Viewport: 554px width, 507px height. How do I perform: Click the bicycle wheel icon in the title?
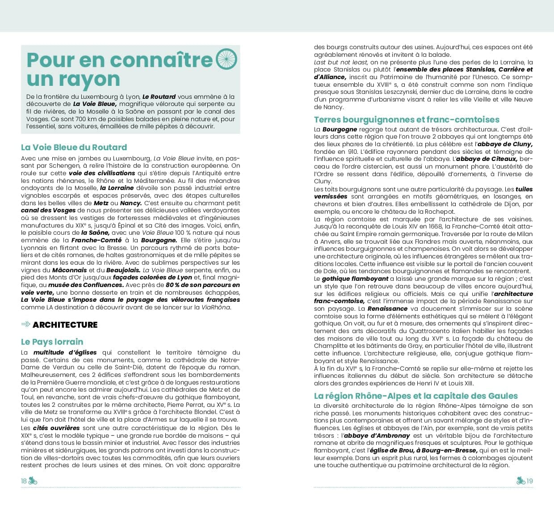pyautogui.click(x=227, y=59)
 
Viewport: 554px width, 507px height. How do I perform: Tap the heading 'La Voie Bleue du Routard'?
pyautogui.click(x=74, y=147)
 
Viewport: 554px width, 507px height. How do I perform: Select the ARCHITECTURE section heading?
pyautogui.click(x=65, y=325)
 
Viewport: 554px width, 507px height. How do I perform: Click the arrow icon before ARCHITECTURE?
pyautogui.click(x=26, y=324)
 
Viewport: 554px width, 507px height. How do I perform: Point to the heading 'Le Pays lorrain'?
pyautogui.click(x=52, y=342)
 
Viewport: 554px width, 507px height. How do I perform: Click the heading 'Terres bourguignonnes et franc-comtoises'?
pyautogui.click(x=407, y=119)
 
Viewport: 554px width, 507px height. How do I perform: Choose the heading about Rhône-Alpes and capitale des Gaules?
pyautogui.click(x=415, y=396)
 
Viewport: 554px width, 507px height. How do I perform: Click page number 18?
pyautogui.click(x=24, y=481)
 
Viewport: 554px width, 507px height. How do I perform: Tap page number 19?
pyautogui.click(x=530, y=481)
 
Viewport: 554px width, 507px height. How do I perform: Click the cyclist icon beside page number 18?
pyautogui.click(x=33, y=481)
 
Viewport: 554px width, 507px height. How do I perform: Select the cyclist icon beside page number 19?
pyautogui.click(x=520, y=481)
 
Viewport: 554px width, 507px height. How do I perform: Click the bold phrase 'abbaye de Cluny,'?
pyautogui.click(x=505, y=144)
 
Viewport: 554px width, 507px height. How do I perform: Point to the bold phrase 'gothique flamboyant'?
pyautogui.click(x=349, y=279)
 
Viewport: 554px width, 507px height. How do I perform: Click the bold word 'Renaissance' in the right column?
pyautogui.click(x=387, y=309)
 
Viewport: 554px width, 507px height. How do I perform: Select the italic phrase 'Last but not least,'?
pyautogui.click(x=341, y=62)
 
